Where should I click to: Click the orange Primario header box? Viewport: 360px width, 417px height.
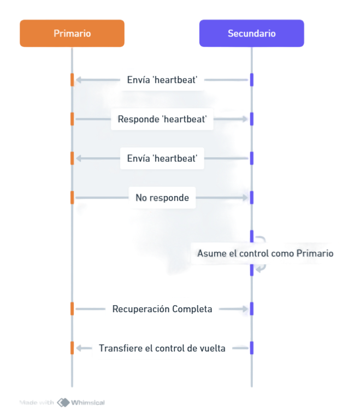coord(72,33)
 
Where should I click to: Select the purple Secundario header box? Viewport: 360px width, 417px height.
coord(251,33)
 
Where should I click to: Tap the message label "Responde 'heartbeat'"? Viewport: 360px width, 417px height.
coord(162,119)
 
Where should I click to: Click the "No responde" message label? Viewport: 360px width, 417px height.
coord(162,198)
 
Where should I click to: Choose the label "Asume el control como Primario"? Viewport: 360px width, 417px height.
coord(265,253)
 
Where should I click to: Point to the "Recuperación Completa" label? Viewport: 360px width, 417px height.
coord(162,309)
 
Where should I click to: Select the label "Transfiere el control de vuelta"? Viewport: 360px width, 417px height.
coord(162,348)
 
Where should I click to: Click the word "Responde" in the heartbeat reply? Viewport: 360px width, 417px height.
coord(139,119)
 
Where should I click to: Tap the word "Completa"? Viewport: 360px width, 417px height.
coord(192,309)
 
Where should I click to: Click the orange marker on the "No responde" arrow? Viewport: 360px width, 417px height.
coord(72,198)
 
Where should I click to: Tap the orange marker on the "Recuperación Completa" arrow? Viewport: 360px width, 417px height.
coord(72,309)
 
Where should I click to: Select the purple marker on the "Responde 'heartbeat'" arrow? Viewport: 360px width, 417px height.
coord(252,119)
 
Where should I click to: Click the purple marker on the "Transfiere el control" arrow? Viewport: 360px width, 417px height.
coord(252,348)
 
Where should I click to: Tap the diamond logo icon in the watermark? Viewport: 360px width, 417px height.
coord(63,402)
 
